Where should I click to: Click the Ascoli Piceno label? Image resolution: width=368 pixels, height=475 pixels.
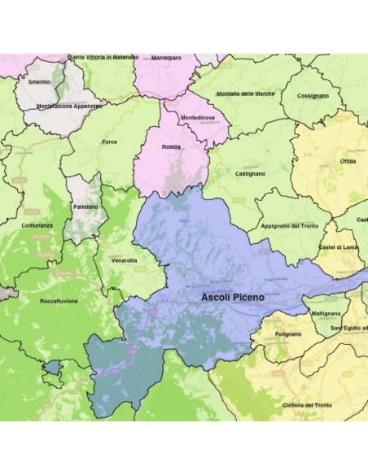pyautogui.click(x=233, y=299)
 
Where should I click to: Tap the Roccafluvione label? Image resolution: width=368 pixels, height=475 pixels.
pyautogui.click(x=58, y=301)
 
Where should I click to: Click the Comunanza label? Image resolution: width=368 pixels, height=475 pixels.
pyautogui.click(x=37, y=225)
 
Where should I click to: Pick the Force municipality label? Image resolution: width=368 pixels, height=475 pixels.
pyautogui.click(x=109, y=142)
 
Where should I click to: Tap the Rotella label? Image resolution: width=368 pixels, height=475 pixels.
pyautogui.click(x=172, y=147)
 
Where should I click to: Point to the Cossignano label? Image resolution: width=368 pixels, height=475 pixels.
pyautogui.click(x=313, y=95)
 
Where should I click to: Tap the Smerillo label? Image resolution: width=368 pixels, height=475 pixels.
pyautogui.click(x=38, y=82)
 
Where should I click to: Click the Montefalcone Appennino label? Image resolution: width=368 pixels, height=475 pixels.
pyautogui.click(x=68, y=106)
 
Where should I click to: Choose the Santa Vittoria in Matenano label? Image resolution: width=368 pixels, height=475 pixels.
pyautogui.click(x=104, y=57)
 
